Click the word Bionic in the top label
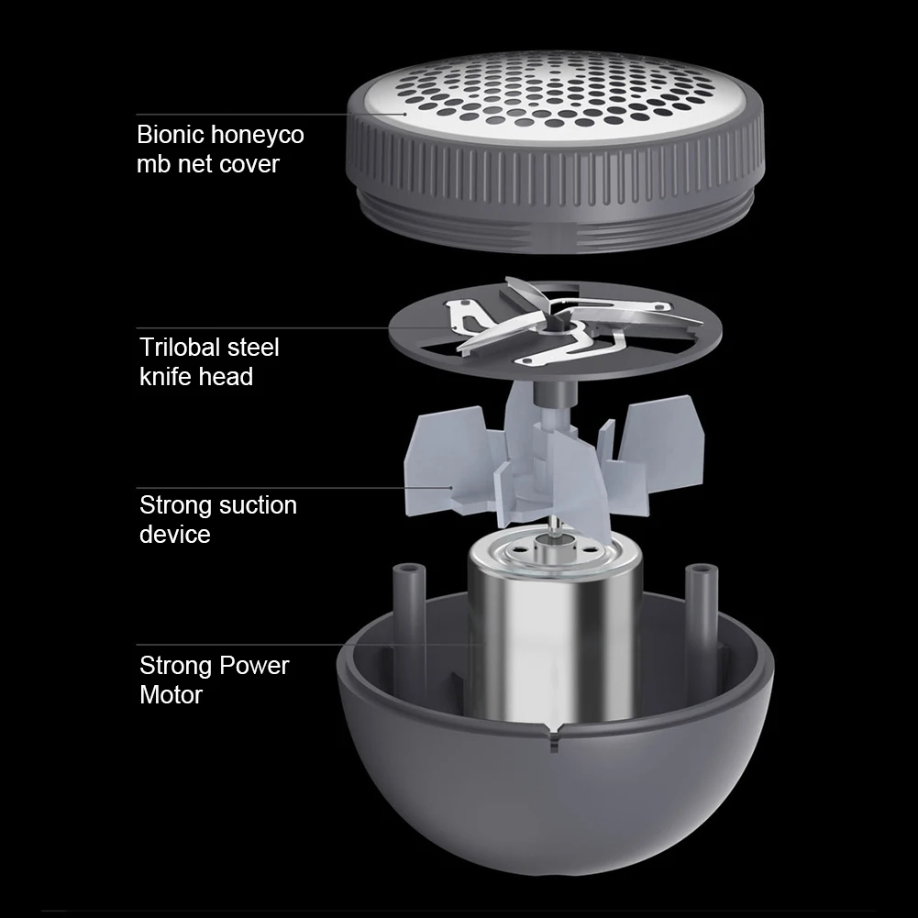[170, 135]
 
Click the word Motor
[171, 695]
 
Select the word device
[174, 534]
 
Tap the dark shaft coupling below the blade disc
[555, 393]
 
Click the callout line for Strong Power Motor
[311, 645]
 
